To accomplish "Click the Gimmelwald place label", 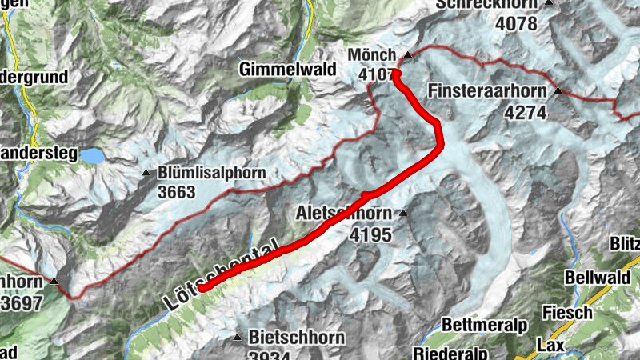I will pos(286,70).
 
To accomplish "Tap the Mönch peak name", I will pos(372,54).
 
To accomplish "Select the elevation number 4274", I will pos(525,113).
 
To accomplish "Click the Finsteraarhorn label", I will pos(489,91).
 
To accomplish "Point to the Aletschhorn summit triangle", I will pos(403,213).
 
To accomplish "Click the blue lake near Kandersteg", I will pos(90,155).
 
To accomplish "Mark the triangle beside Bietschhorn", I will pos(237,338).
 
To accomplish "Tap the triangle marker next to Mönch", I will pos(407,54).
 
